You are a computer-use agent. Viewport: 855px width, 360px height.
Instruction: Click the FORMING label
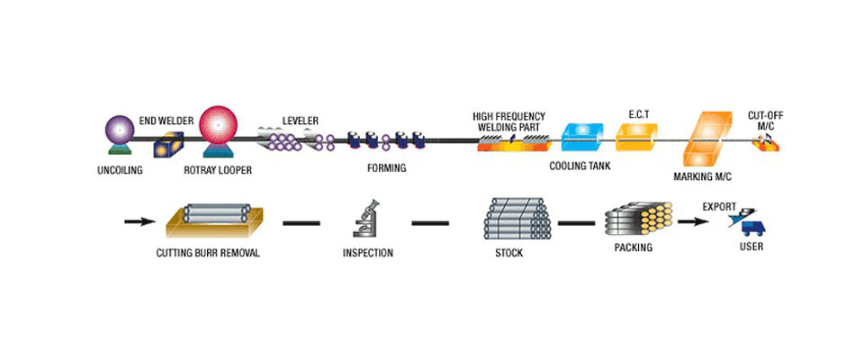387,168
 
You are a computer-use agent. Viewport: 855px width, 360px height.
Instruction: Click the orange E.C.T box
636,136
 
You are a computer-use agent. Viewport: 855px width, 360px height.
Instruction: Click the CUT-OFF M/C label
764,121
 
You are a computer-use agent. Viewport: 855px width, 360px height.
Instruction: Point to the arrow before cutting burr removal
139,220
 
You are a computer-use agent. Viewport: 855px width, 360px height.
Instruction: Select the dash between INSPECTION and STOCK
430,221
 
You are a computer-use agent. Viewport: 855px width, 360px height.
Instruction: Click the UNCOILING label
119,170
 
